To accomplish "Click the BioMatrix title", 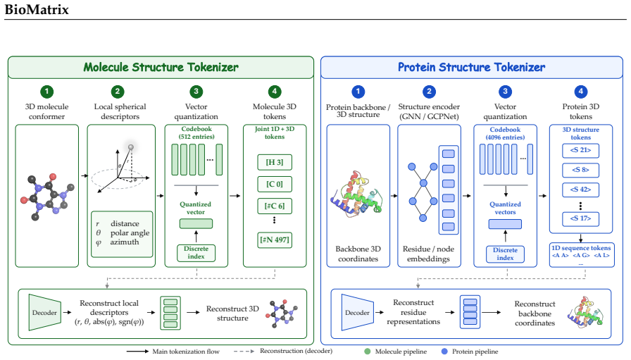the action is click(x=37, y=9).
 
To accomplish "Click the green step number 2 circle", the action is click(x=118, y=92).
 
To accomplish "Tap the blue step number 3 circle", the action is click(x=505, y=92).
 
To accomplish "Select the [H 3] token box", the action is click(x=275, y=162).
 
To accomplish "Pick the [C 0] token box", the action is click(x=275, y=184).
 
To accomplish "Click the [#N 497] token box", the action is click(x=275, y=240).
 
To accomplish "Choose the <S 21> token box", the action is click(x=580, y=150).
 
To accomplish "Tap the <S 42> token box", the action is click(x=580, y=190).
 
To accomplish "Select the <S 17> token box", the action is click(x=580, y=218).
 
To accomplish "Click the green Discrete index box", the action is click(x=196, y=253).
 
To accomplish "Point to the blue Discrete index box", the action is click(x=505, y=254).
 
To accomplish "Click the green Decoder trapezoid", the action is click(x=44, y=313).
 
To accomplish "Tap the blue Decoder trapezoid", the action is click(x=357, y=313).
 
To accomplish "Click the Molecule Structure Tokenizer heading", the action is click(x=161, y=67).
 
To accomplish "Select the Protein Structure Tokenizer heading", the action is click(x=472, y=67).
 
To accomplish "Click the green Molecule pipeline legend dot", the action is click(x=367, y=351).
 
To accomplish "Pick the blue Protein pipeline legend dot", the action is click(x=444, y=351).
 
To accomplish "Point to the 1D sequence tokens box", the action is click(x=582, y=254).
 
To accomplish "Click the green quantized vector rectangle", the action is click(x=196, y=223).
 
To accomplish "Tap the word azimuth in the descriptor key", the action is click(x=125, y=242).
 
